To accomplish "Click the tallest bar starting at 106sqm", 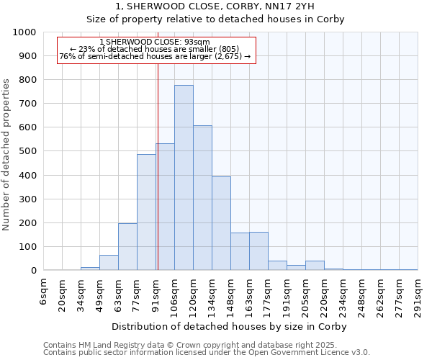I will tap(184, 178).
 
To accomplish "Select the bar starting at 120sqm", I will tap(202, 198).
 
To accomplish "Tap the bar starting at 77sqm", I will tap(146, 212).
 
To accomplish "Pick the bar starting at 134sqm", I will tap(221, 223).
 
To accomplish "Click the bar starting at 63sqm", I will tap(127, 247).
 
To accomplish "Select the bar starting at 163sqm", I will tap(258, 251).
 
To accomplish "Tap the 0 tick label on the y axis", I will tap(33, 271).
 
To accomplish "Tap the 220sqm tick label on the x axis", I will tap(324, 294).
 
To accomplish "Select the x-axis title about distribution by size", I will tap(230, 327).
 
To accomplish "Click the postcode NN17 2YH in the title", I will tap(310, 6).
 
